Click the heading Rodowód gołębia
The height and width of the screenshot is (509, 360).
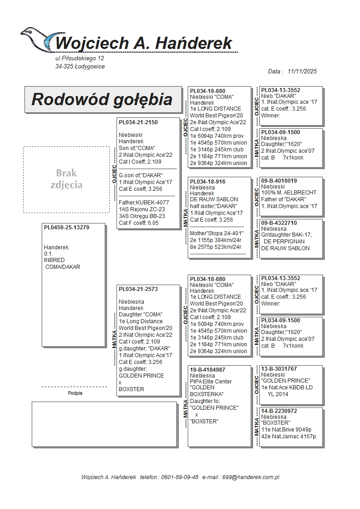tap(102, 99)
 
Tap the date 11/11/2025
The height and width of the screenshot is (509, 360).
tap(302, 71)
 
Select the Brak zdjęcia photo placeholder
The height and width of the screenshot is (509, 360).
tap(66, 179)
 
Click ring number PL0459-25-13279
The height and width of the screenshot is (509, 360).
tap(67, 228)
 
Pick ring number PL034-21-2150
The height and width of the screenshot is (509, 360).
tap(138, 122)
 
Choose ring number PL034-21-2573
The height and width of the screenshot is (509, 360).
tap(138, 289)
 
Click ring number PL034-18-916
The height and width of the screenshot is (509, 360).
tap(208, 182)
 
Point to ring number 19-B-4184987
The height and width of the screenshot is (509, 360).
tap(208, 370)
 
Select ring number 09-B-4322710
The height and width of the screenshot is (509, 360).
tap(279, 223)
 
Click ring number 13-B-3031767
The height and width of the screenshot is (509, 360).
tap(279, 369)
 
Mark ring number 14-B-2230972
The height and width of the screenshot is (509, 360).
tap(279, 411)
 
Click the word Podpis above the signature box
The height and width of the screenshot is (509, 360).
tap(75, 393)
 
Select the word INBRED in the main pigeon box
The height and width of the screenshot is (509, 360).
tap(54, 260)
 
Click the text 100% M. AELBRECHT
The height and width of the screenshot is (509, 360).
tap(289, 193)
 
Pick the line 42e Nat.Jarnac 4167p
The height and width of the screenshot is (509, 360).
tap(288, 436)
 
